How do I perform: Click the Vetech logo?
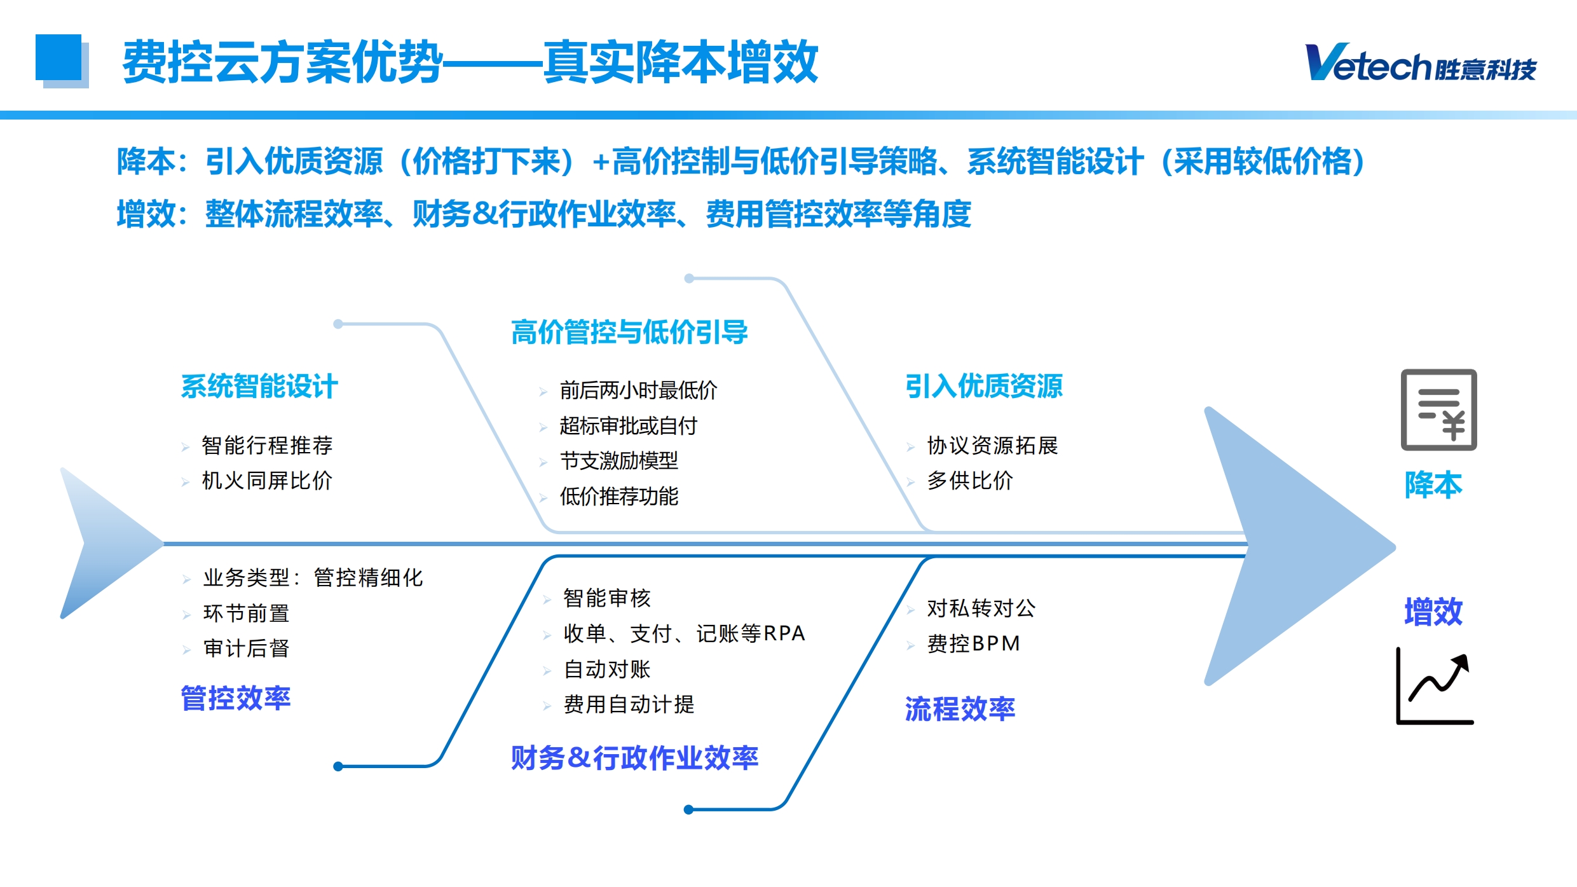click(x=1421, y=63)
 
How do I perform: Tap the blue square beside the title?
click(x=58, y=58)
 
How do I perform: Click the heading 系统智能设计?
click(x=259, y=387)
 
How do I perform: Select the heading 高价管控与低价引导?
click(x=629, y=333)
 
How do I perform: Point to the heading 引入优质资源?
click(x=984, y=386)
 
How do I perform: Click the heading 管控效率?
click(x=236, y=698)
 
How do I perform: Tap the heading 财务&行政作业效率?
click(x=634, y=758)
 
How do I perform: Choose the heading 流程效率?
click(x=960, y=709)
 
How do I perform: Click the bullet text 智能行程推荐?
click(x=267, y=445)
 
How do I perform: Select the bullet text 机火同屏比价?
click(x=267, y=481)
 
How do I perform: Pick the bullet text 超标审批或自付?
click(x=629, y=425)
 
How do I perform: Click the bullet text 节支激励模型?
click(x=619, y=460)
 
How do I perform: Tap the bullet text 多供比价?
click(x=970, y=481)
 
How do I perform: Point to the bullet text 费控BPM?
click(x=973, y=643)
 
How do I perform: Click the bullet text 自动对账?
click(x=607, y=669)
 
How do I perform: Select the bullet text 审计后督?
click(x=247, y=649)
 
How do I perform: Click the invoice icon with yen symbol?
click(x=1438, y=410)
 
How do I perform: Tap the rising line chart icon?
click(x=1435, y=686)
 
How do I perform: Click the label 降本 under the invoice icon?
click(x=1433, y=485)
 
